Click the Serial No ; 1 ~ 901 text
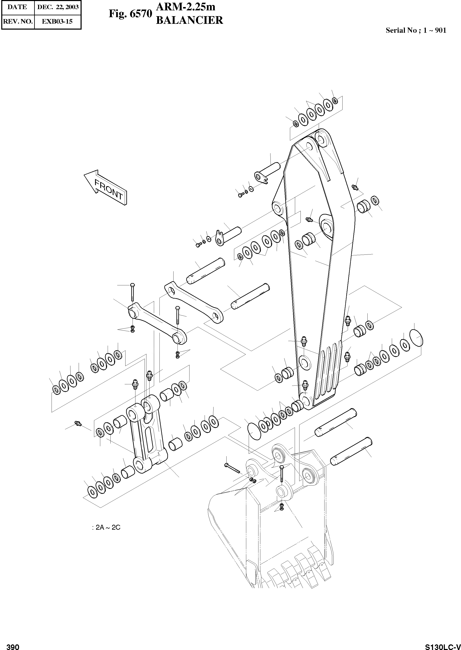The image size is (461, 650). (416, 30)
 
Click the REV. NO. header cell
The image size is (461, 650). (18, 21)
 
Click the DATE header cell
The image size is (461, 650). (17, 7)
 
